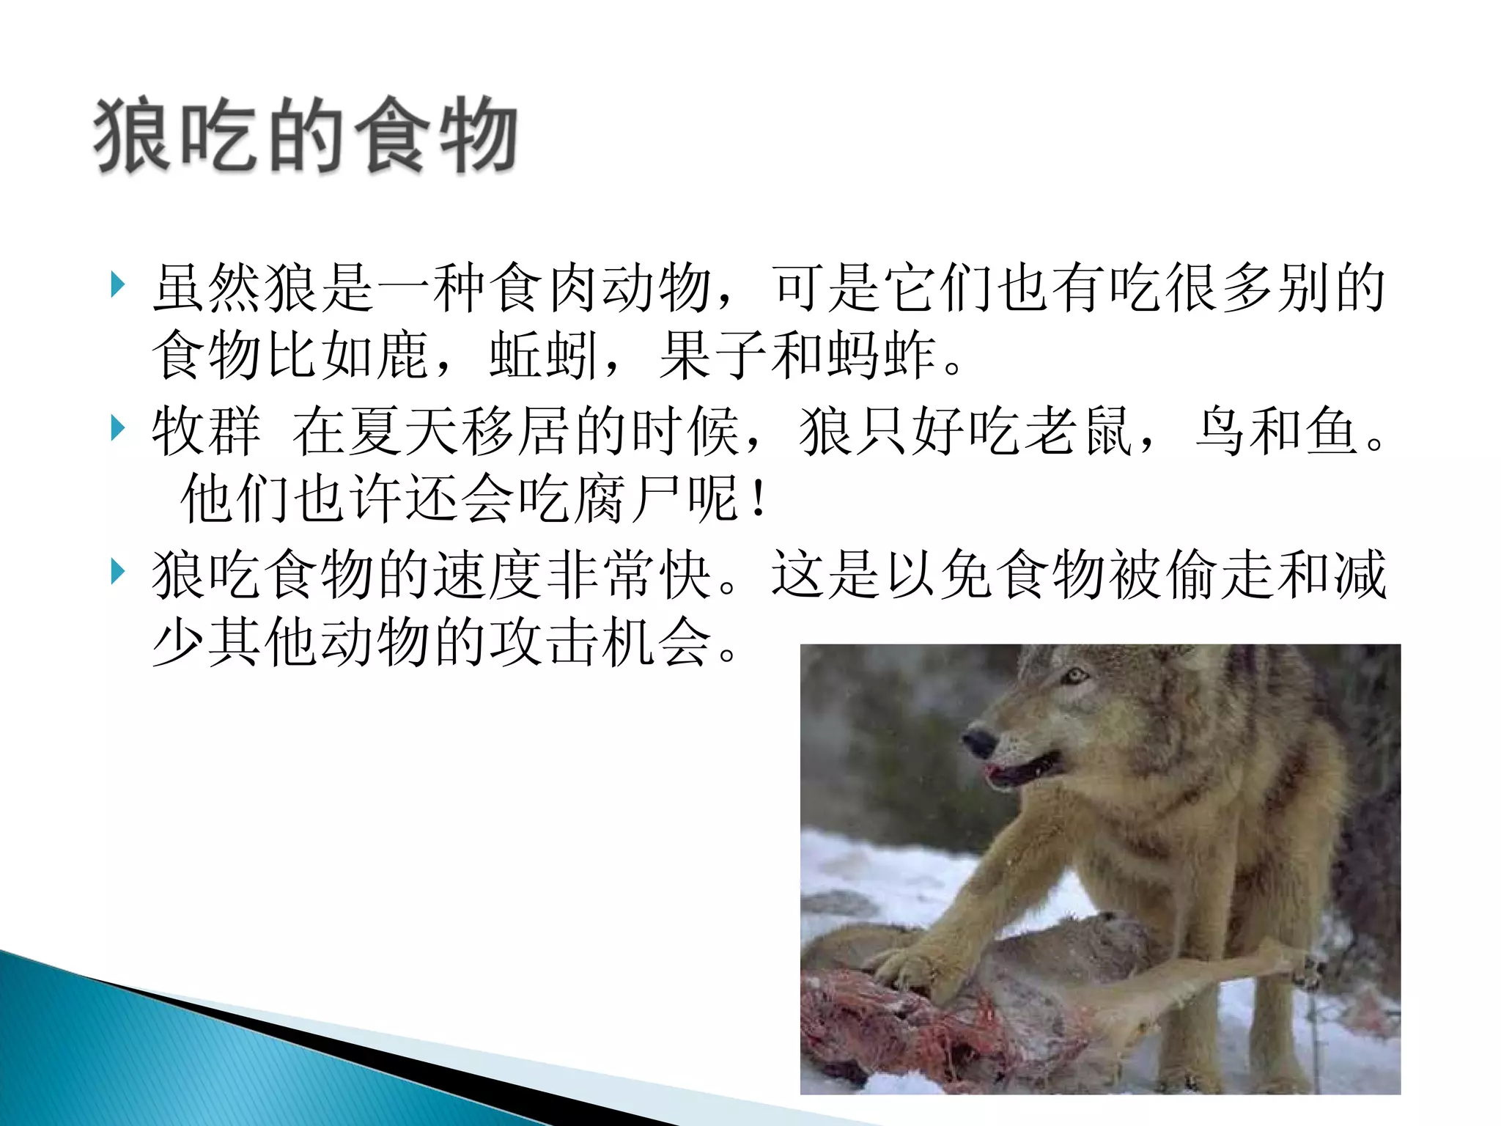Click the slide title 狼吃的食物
click(x=305, y=136)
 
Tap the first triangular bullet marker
click(x=117, y=284)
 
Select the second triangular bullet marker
click(x=117, y=428)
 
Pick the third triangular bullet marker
click(x=117, y=571)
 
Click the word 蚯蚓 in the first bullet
click(x=544, y=356)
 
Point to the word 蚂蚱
click(x=882, y=356)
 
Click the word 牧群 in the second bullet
click(x=206, y=431)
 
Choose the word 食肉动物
click(x=601, y=287)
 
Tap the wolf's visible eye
click(x=1074, y=675)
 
